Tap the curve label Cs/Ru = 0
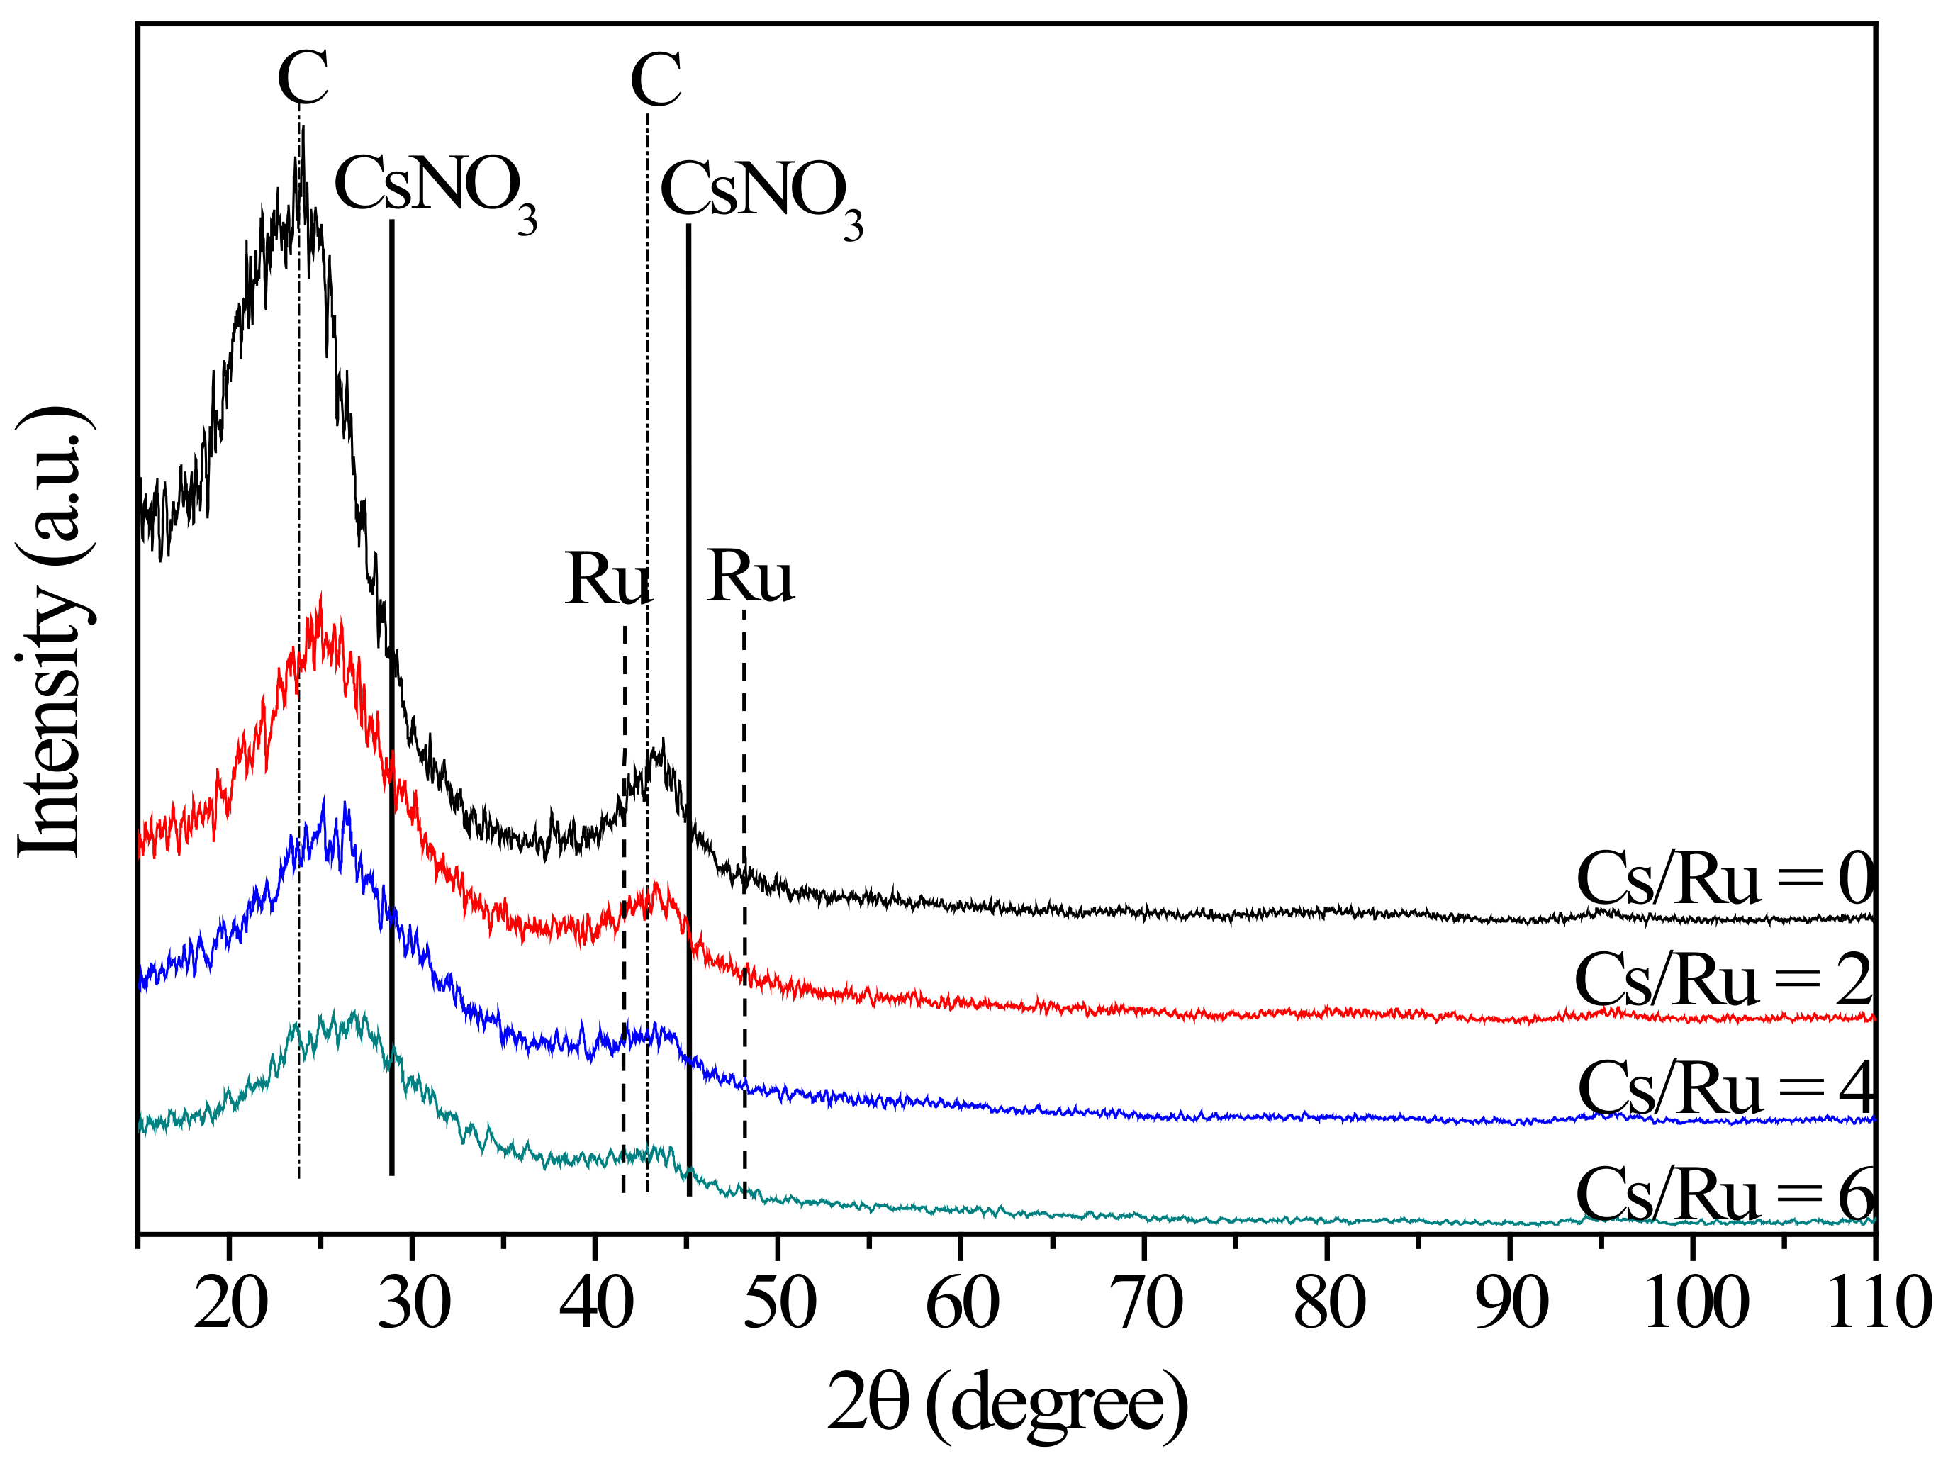click(x=1724, y=879)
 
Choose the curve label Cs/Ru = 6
click(x=1723, y=1195)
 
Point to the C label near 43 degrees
click(x=656, y=80)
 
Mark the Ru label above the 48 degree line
click(x=749, y=578)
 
